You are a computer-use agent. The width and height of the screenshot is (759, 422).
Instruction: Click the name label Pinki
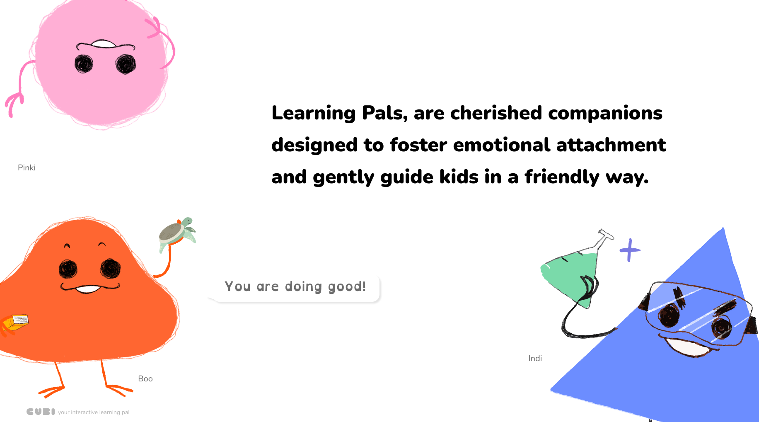(x=27, y=167)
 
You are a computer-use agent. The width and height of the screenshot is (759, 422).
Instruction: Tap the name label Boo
(x=145, y=378)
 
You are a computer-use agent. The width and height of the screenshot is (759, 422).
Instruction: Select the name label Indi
(x=535, y=358)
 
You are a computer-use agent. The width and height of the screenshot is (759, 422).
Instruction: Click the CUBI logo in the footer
(x=41, y=412)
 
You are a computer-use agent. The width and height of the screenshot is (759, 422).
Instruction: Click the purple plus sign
(x=630, y=250)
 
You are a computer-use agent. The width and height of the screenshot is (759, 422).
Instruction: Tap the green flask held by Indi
(x=576, y=269)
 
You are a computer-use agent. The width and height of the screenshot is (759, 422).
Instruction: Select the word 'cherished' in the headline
(x=496, y=113)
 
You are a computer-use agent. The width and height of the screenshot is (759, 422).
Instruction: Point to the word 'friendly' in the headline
(x=562, y=177)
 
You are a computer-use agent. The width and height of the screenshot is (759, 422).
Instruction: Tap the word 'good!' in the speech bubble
(x=347, y=287)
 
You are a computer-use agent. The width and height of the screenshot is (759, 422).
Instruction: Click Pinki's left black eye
(x=84, y=64)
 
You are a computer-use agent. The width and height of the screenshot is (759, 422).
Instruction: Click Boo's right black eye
(x=110, y=268)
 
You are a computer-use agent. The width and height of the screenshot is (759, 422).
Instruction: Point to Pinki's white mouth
(x=103, y=44)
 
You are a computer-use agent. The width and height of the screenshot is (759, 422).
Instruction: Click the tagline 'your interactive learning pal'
(x=94, y=412)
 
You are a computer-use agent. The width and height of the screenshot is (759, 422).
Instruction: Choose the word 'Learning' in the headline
(x=314, y=113)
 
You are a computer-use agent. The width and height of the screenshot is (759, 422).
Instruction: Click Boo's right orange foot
(x=118, y=389)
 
